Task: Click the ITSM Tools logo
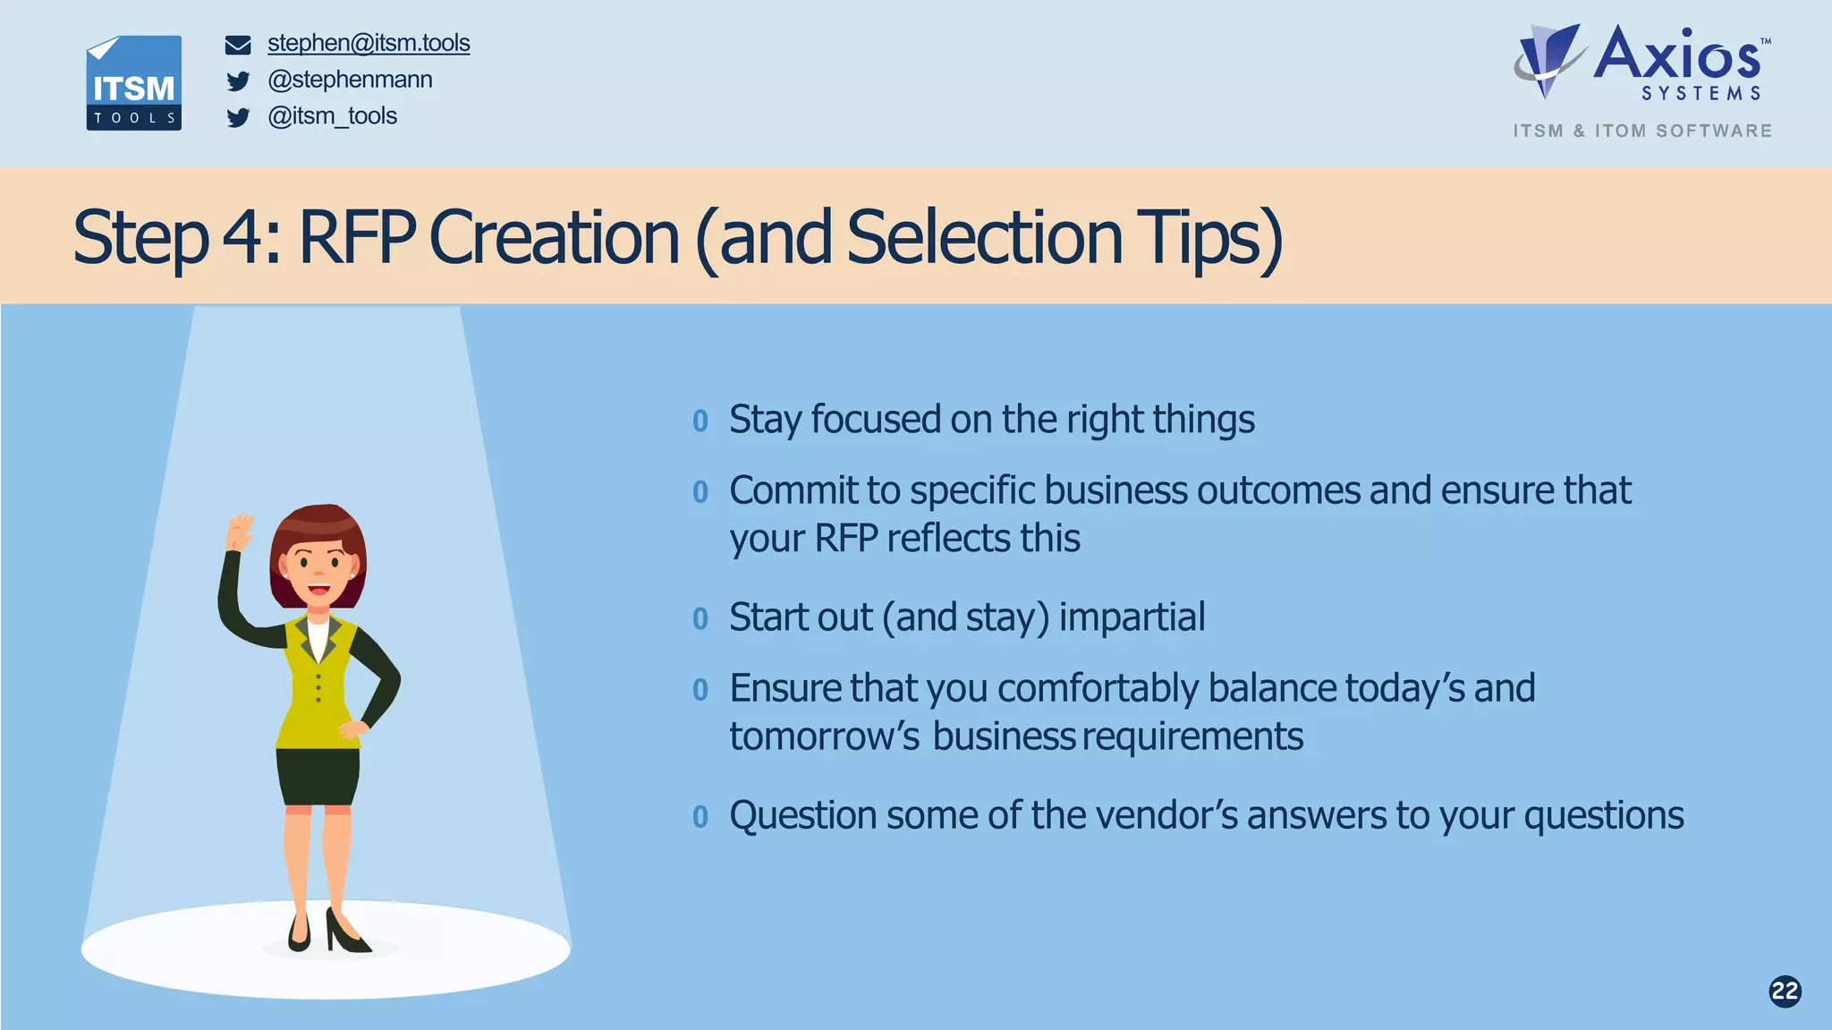point(133,83)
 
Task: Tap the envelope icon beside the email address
point(238,45)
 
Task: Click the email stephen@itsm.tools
point(369,43)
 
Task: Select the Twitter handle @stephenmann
point(350,80)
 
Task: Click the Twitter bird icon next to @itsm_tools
point(238,117)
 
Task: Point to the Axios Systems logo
point(1641,63)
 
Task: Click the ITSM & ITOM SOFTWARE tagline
point(1642,131)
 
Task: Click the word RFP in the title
point(356,238)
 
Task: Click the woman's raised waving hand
point(240,532)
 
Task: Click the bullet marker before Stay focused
point(700,421)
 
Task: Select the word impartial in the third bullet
point(1132,617)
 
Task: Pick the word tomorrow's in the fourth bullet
point(824,736)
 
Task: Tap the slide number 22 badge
point(1785,991)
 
